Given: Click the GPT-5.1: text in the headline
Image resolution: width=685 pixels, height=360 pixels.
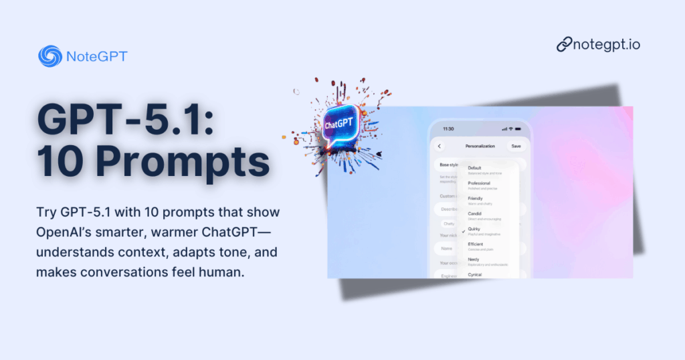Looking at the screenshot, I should pyautogui.click(x=125, y=118).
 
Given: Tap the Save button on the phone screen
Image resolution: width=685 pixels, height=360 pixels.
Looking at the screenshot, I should pyautogui.click(x=516, y=146).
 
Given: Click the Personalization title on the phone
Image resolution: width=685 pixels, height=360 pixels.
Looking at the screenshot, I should pyautogui.click(x=479, y=146).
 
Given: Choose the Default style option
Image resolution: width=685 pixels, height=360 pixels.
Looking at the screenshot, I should pyautogui.click(x=475, y=168).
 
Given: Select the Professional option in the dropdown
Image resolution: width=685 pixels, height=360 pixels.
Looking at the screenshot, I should pyautogui.click(x=479, y=183).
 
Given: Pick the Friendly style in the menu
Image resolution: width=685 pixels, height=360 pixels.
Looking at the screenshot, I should pyautogui.click(x=476, y=199).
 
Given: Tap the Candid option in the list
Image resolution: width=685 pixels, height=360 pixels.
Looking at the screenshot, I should pyautogui.click(x=475, y=214).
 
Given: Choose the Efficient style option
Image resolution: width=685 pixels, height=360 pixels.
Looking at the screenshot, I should pyautogui.click(x=476, y=245).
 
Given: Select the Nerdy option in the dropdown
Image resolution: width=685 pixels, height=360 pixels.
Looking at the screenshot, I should pyautogui.click(x=474, y=260).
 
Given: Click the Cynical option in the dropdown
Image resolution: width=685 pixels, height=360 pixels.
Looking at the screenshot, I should pyautogui.click(x=475, y=274).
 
